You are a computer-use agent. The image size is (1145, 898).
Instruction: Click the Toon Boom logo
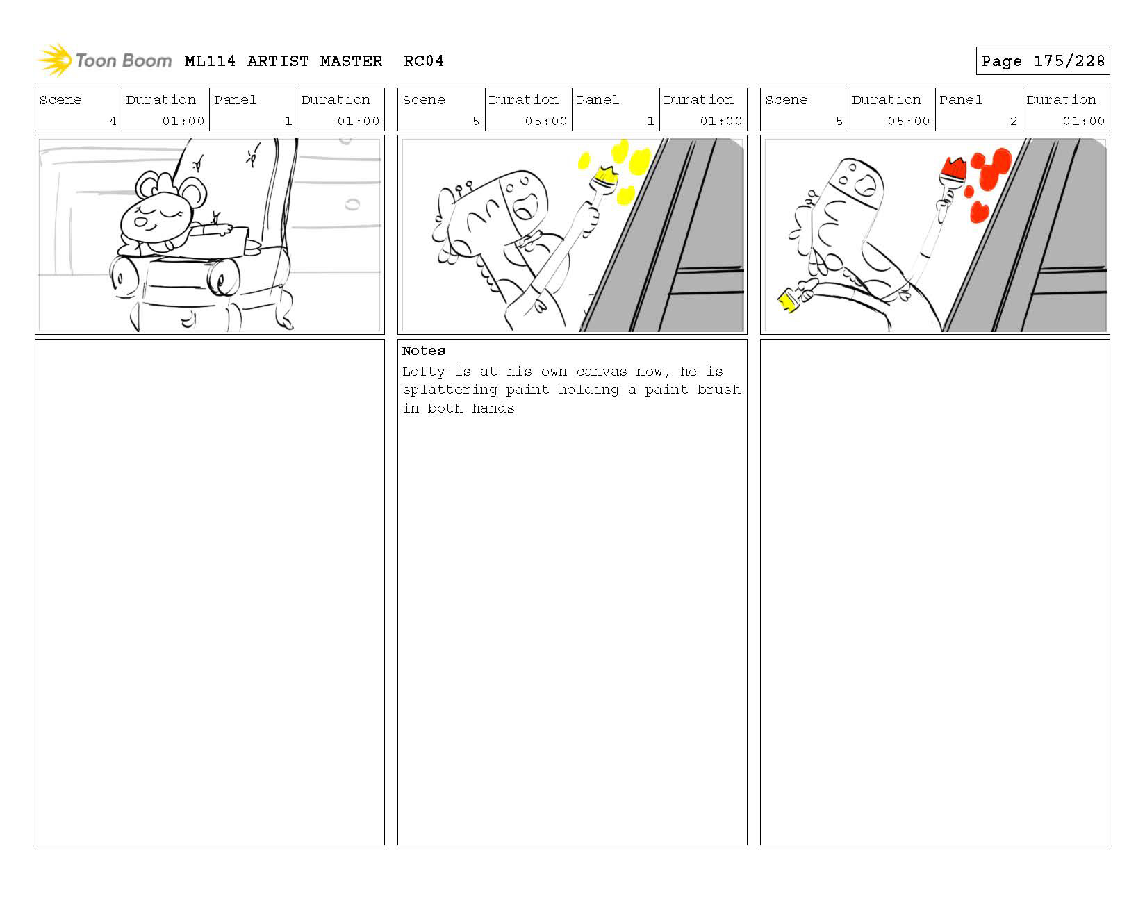[x=104, y=60]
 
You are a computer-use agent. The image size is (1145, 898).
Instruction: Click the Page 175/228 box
[x=1042, y=60]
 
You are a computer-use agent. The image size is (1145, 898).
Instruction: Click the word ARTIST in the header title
[x=278, y=61]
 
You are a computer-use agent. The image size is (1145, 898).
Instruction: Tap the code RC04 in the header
[x=424, y=61]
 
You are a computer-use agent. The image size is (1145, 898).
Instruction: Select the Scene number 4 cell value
[x=113, y=121]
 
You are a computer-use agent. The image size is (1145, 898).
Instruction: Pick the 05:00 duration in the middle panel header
[x=546, y=121]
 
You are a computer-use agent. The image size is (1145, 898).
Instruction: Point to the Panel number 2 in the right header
[x=1013, y=121]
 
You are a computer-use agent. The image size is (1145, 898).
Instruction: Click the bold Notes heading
[x=424, y=351]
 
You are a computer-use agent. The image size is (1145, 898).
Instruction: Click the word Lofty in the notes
[x=424, y=372]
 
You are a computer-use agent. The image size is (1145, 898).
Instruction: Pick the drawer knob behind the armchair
[x=352, y=204]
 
